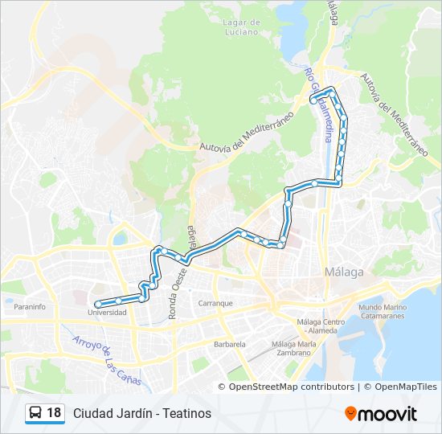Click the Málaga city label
(345, 272)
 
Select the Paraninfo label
(30, 306)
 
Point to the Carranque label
(215, 303)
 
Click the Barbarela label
(229, 344)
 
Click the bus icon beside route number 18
(35, 413)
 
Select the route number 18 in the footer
(54, 413)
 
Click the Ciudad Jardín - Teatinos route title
(142, 413)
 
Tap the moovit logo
(381, 414)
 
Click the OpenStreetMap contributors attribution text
(292, 387)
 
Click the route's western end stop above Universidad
(97, 304)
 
